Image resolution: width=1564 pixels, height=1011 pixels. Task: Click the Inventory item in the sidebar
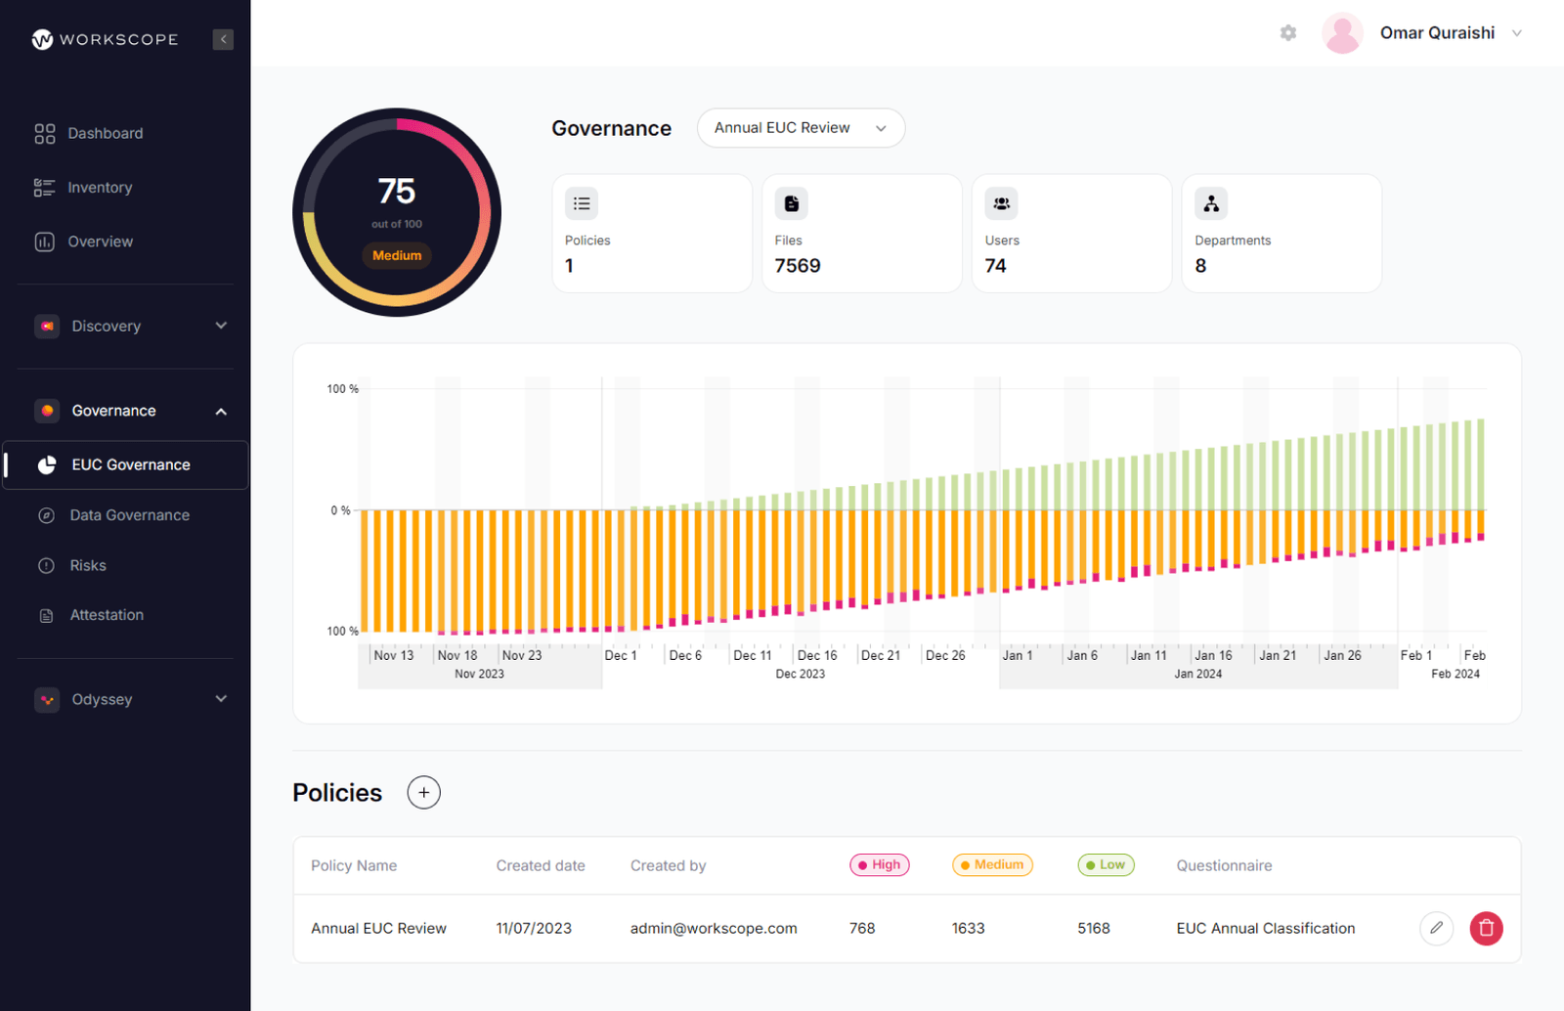point(99,188)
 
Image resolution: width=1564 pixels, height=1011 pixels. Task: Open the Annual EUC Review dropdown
point(801,128)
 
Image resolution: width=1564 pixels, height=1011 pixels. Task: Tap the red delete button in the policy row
point(1486,928)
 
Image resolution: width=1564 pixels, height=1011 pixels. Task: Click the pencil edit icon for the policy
point(1436,928)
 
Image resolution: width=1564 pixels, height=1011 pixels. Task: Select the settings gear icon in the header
point(1288,33)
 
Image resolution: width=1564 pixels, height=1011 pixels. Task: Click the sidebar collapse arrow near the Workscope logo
point(223,39)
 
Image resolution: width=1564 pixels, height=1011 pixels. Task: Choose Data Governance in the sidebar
point(129,515)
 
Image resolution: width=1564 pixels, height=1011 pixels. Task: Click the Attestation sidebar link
point(107,615)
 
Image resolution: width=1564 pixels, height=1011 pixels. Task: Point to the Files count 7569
point(798,266)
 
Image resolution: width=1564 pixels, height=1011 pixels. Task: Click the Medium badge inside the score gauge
point(397,255)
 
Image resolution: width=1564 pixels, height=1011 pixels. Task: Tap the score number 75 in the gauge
point(397,191)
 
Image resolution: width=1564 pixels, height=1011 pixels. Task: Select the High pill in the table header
point(880,865)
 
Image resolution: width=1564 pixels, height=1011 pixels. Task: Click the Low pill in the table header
point(1106,865)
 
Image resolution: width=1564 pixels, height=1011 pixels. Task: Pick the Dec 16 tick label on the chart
point(817,655)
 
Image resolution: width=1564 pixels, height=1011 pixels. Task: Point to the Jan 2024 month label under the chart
point(1197,674)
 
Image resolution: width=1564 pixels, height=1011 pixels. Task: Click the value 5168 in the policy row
point(1094,928)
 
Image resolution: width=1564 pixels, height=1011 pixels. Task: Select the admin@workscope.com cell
point(714,928)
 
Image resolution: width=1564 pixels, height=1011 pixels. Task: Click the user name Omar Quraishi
point(1437,33)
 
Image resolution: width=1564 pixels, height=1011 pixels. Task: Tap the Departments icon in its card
point(1211,203)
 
